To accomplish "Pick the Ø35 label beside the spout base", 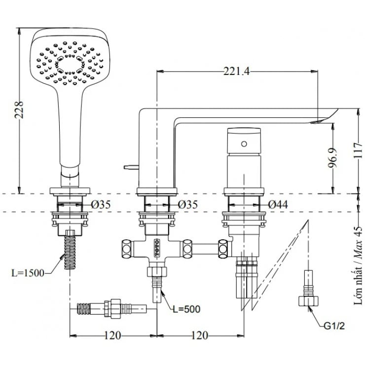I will (188, 203).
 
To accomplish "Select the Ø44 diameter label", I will (279, 203).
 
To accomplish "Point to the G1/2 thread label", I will (334, 326).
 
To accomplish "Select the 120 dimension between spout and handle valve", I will (199, 335).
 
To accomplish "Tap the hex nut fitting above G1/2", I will (307, 300).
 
